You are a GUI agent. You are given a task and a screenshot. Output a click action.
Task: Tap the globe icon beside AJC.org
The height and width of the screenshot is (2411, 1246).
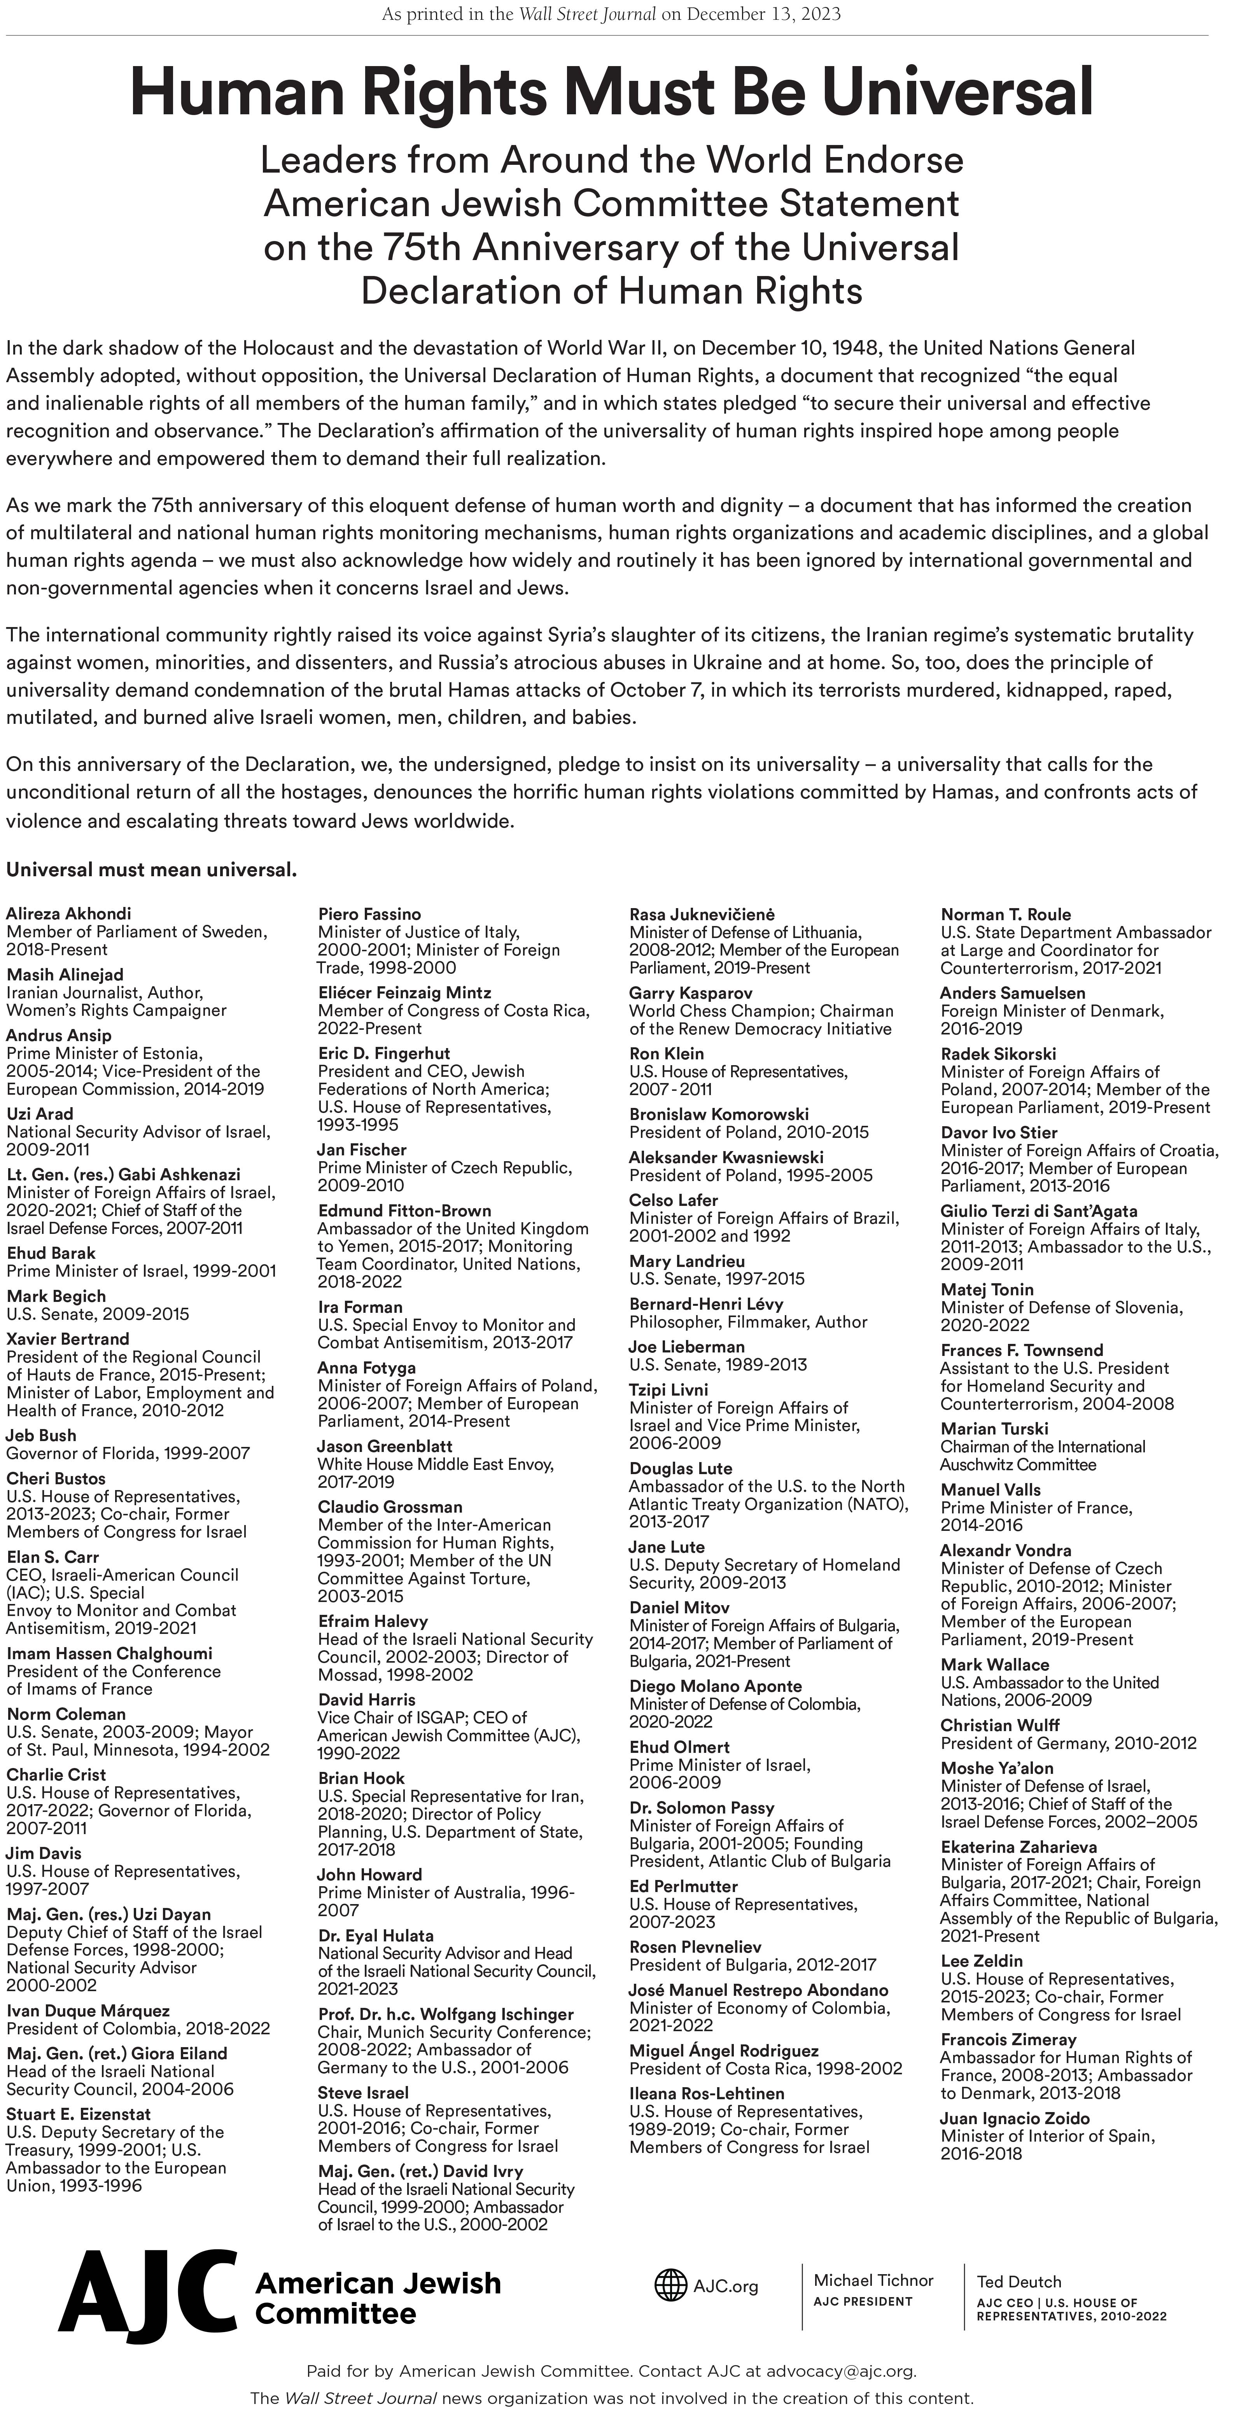670,2285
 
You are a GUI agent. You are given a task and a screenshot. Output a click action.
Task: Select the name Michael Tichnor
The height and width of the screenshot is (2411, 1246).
873,2280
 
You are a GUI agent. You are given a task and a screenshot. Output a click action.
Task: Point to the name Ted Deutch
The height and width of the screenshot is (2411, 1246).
1018,2282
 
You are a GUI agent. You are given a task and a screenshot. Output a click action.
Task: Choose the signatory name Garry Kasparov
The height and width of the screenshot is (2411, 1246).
691,992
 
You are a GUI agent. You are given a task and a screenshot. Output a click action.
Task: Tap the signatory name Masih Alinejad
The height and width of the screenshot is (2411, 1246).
65,974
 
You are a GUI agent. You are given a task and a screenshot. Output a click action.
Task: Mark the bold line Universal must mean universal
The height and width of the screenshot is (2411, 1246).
152,870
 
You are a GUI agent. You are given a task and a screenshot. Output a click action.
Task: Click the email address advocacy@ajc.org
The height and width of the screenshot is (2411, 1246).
840,2371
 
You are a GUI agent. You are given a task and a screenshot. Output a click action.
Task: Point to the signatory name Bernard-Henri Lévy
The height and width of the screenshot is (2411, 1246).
706,1304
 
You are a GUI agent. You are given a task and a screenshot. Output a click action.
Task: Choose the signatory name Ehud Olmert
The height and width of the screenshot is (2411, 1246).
679,1747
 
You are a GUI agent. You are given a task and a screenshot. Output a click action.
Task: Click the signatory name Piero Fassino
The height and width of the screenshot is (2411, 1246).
370,914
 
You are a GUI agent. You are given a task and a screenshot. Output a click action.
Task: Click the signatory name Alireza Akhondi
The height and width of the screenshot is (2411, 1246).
68,914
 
